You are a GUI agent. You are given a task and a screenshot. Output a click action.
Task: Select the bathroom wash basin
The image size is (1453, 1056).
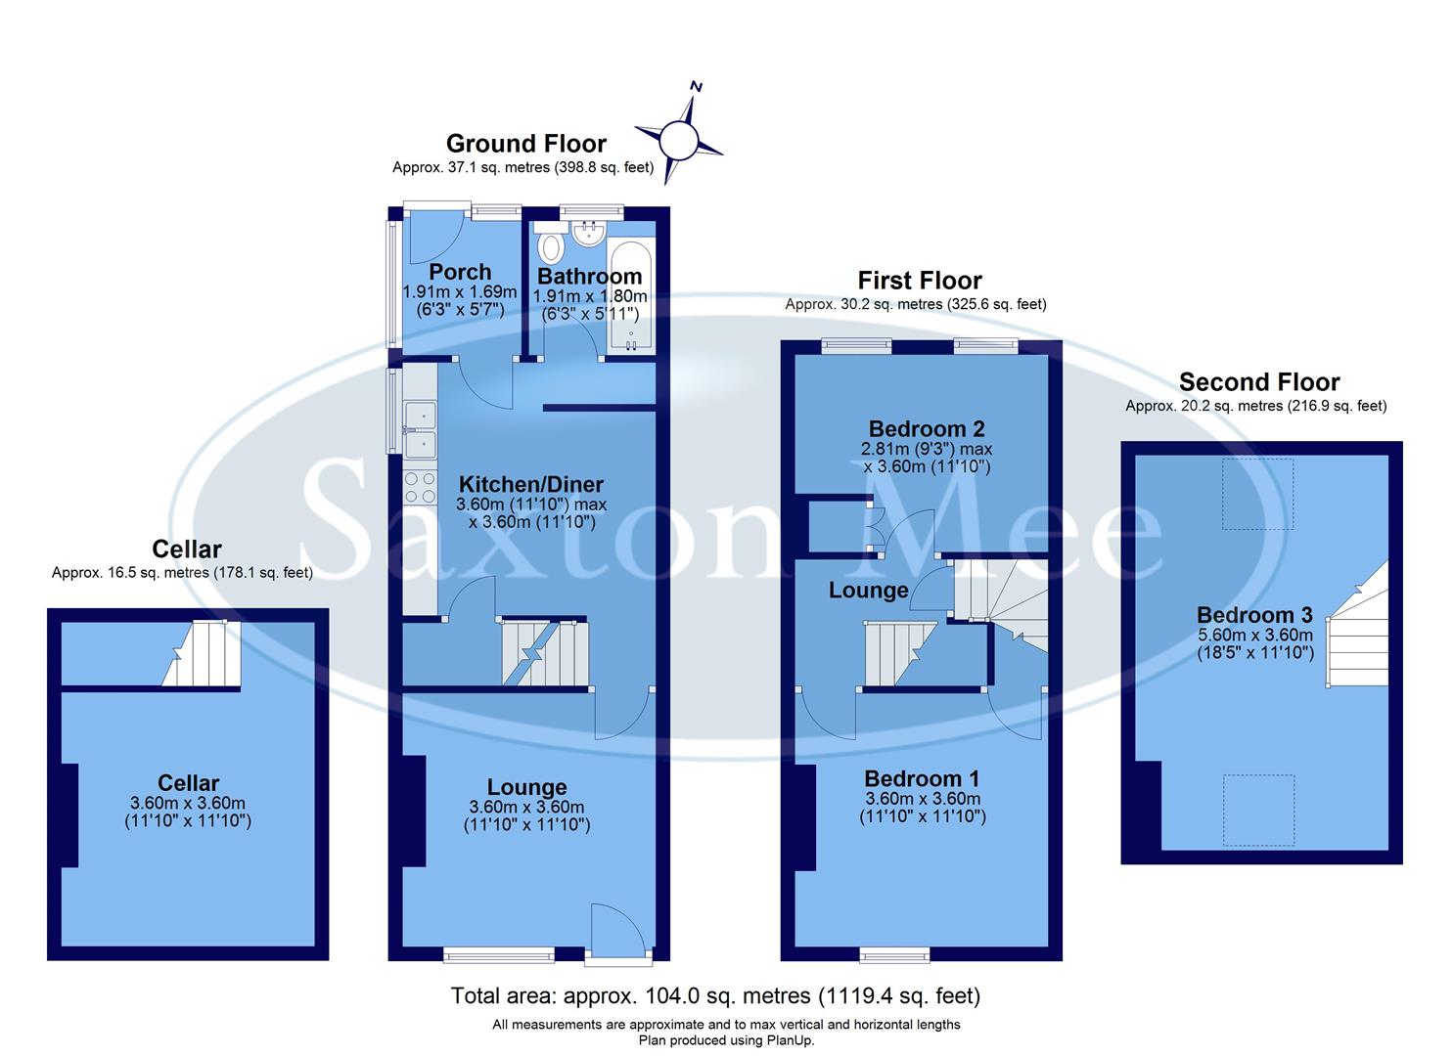click(589, 234)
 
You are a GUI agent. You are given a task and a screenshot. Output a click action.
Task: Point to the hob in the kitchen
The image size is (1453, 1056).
click(421, 486)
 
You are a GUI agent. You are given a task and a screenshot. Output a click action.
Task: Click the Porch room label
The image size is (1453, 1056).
click(460, 272)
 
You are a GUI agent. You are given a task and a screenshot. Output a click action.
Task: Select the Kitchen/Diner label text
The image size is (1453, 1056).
click(531, 484)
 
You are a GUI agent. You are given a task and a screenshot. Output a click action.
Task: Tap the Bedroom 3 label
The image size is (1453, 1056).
click(1254, 615)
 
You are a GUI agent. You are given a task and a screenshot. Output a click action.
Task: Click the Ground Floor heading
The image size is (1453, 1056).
click(525, 144)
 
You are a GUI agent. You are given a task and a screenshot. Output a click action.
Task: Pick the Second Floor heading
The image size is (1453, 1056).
click(1258, 382)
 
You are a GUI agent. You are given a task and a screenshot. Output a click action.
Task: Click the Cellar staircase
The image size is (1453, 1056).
click(202, 653)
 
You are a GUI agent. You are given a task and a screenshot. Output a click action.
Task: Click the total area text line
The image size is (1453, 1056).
click(715, 996)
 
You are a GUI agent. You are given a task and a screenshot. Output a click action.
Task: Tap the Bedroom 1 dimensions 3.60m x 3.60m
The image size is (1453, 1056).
click(922, 798)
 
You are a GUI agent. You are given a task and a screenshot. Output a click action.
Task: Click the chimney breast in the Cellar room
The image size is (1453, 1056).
click(68, 814)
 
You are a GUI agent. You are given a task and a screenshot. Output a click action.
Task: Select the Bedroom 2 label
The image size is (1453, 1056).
click(926, 428)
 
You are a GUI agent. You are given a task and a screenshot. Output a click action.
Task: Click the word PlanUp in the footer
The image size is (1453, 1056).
click(790, 1040)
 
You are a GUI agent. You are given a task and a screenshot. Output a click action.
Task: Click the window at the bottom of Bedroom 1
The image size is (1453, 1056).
click(894, 954)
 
